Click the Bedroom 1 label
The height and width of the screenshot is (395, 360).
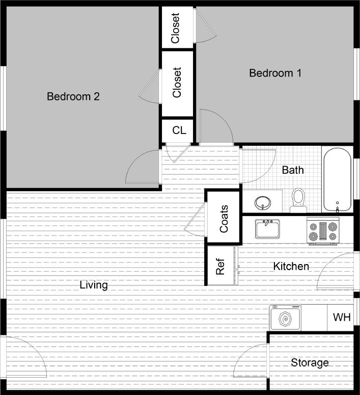275,73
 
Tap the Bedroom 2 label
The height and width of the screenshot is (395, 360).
73,96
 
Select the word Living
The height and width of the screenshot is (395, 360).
94,285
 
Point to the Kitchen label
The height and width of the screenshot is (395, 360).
291,266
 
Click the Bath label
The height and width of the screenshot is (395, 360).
292,170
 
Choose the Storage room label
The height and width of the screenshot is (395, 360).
310,363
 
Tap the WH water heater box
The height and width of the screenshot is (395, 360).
342,318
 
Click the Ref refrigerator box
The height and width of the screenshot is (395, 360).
220,266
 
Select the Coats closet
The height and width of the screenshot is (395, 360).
224,219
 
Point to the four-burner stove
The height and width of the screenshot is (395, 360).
322,230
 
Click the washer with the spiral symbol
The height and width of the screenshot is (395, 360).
286,319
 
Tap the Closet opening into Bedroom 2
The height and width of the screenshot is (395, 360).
177,83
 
